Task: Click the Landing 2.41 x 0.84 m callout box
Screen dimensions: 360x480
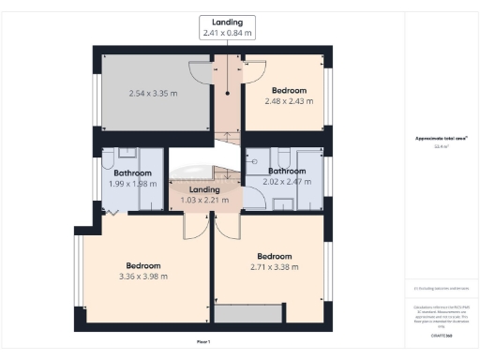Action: pos(228,26)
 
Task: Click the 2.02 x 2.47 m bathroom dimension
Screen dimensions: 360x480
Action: pos(286,182)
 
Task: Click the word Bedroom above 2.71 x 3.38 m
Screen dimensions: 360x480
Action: pos(275,256)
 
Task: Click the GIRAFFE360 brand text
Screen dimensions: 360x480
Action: pos(441,334)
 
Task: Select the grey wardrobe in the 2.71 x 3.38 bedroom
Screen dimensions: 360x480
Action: pos(247,313)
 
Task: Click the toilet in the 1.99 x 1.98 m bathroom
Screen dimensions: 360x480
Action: pos(110,156)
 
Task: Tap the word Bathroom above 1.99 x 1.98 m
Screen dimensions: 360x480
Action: pos(132,172)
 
